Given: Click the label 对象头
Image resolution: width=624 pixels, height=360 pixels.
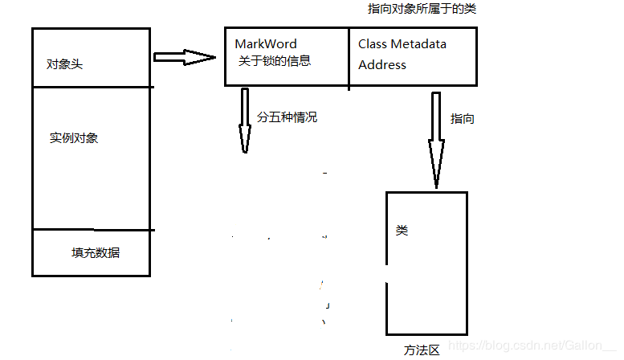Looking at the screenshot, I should (x=65, y=64).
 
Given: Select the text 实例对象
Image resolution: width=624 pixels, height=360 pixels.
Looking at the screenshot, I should (x=74, y=138).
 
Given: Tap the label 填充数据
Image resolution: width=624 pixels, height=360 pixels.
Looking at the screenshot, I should (x=96, y=252).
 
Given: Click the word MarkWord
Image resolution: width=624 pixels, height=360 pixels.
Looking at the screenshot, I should (x=265, y=43).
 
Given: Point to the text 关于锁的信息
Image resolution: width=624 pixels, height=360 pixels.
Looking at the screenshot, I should (x=274, y=60).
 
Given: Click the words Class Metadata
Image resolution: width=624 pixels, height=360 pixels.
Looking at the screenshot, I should (x=402, y=43).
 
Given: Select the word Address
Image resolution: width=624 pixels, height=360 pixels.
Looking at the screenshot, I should (x=382, y=64).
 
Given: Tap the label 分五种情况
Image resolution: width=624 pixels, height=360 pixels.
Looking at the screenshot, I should (x=287, y=117).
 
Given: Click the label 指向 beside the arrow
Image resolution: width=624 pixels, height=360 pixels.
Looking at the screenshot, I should (x=462, y=118).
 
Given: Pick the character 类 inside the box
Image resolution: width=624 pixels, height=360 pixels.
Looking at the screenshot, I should (x=402, y=231).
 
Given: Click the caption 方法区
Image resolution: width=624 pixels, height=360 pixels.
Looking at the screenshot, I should (x=422, y=350).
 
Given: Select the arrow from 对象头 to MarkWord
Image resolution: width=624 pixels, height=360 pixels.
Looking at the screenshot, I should (x=185, y=57).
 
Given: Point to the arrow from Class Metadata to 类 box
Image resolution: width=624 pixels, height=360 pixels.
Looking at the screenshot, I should (x=436, y=141).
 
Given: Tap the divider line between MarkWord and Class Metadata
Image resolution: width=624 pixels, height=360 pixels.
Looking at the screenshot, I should (x=349, y=56).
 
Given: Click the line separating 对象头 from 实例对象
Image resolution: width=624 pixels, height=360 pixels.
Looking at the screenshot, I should (x=92, y=87).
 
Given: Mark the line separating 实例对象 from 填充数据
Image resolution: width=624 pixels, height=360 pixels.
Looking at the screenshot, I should (x=92, y=229).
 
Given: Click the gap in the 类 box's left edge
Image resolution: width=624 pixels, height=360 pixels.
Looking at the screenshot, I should (x=387, y=274).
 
